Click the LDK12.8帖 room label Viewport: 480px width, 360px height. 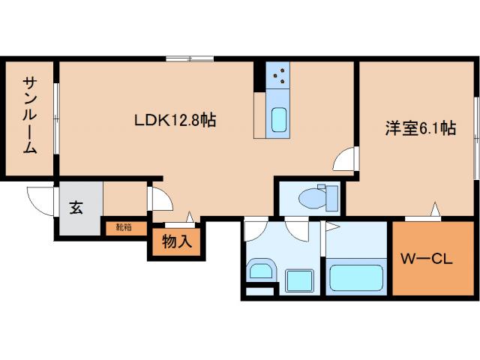pyautogui.click(x=175, y=119)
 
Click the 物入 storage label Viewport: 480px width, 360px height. pyautogui.click(x=177, y=241)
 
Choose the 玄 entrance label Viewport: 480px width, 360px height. pyautogui.click(x=77, y=208)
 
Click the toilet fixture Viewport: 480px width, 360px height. pyautogui.click(x=313, y=198)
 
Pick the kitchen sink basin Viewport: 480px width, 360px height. pyautogui.click(x=278, y=120)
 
